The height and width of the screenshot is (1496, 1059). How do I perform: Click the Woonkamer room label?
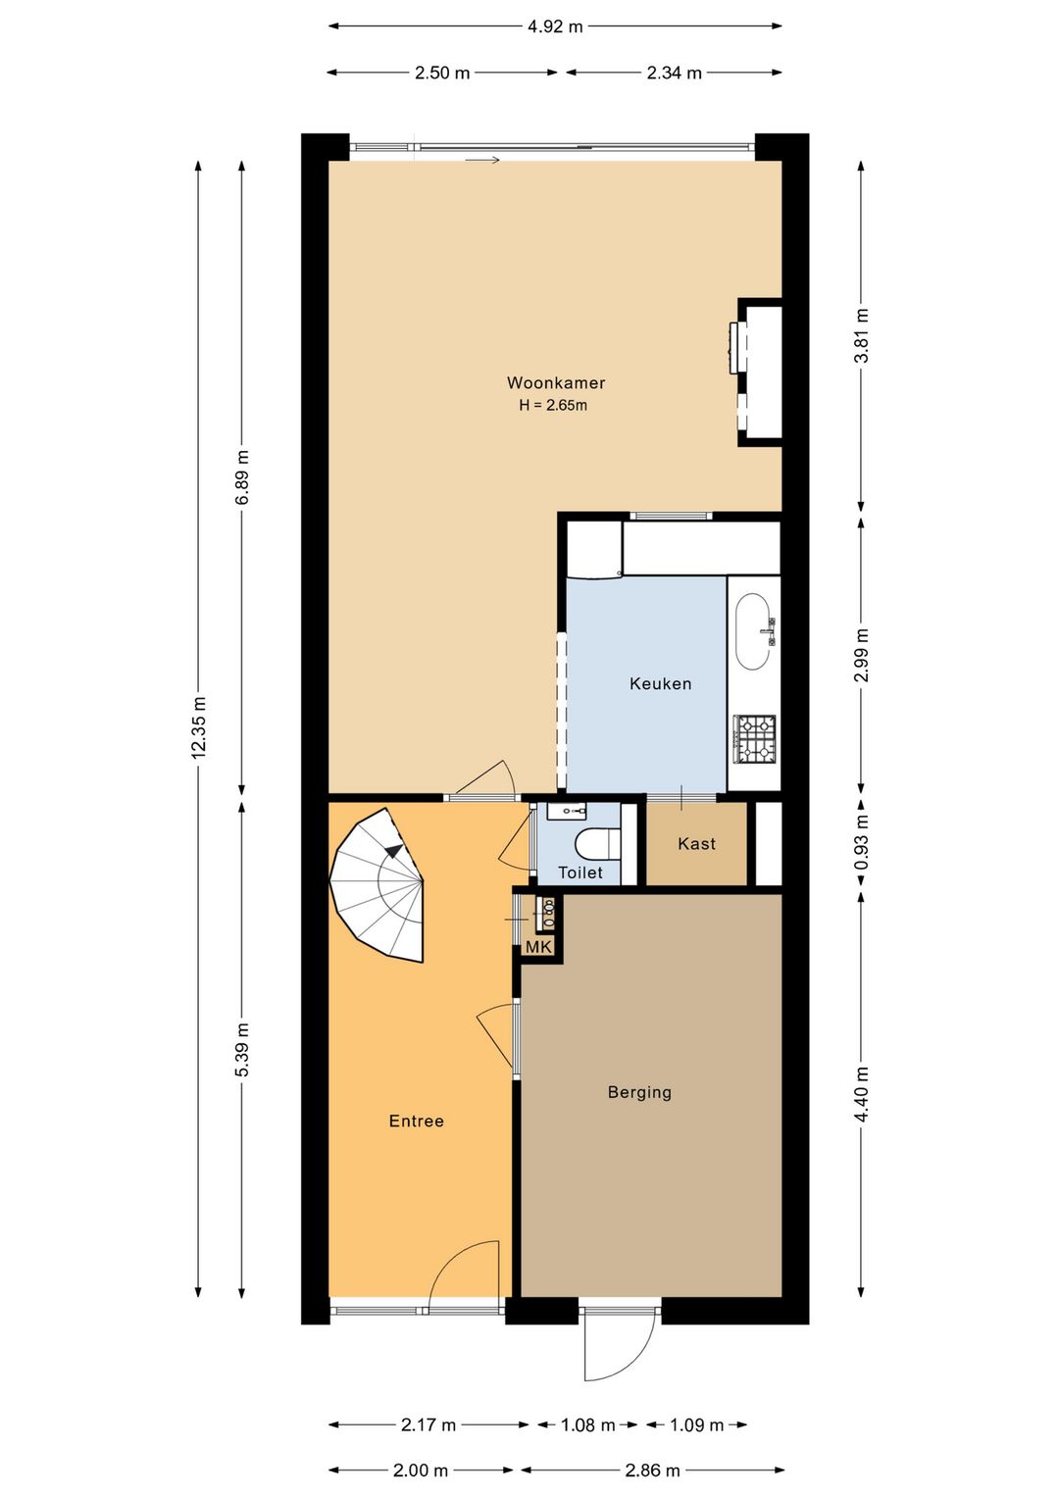[556, 382]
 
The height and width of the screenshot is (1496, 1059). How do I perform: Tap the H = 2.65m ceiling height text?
[553, 405]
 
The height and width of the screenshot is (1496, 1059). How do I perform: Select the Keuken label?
[660, 683]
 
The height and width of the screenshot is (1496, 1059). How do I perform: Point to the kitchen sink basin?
[754, 631]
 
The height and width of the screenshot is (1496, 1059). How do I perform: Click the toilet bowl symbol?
[598, 843]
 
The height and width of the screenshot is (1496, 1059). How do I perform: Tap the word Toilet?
[580, 873]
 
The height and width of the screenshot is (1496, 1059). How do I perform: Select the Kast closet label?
[696, 843]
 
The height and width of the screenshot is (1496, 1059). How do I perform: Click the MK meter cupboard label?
[538, 946]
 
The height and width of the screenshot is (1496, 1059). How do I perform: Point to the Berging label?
[639, 1092]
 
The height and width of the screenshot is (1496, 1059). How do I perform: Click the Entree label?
[417, 1121]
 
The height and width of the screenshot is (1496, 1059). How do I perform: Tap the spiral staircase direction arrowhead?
[395, 850]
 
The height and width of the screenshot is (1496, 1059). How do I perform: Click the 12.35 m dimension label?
[198, 727]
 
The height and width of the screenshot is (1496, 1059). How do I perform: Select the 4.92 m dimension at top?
[555, 26]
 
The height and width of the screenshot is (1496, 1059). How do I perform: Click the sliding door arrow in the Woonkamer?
[482, 160]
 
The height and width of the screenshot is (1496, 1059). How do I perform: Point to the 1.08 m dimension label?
[587, 1424]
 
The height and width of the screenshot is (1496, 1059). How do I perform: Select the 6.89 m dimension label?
[242, 478]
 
